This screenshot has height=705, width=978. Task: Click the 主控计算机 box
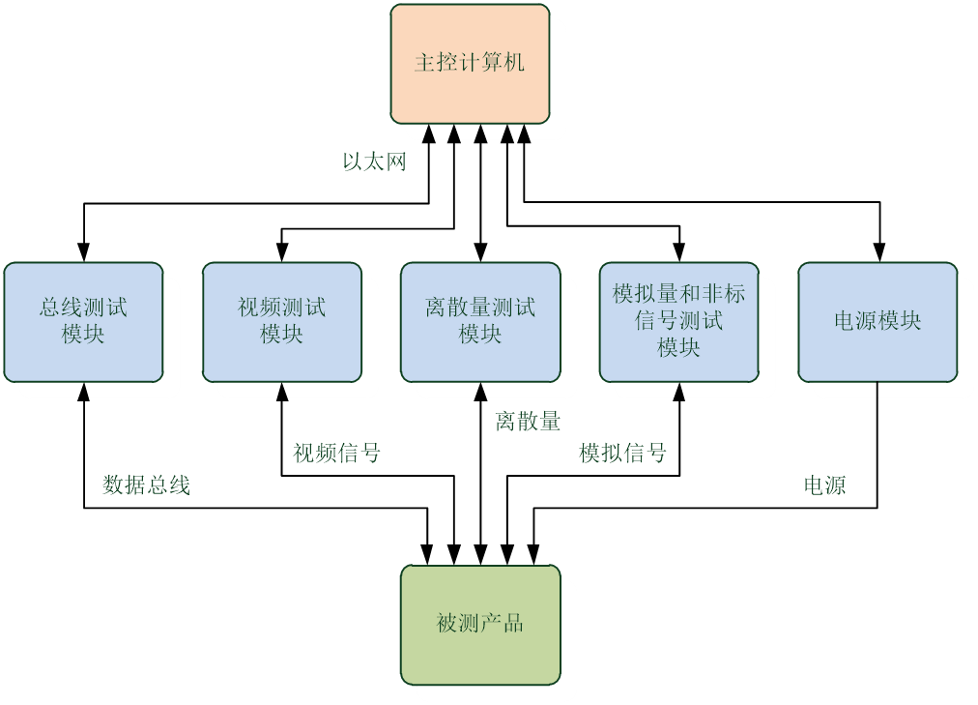(470, 64)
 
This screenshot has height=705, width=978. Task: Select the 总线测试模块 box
(83, 321)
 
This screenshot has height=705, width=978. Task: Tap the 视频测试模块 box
(281, 321)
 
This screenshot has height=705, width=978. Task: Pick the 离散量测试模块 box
(480, 321)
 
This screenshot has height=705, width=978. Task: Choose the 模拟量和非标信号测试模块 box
(678, 321)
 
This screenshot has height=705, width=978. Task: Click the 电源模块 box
(877, 321)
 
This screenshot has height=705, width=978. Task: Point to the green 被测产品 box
(480, 624)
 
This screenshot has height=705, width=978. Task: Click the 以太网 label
(374, 162)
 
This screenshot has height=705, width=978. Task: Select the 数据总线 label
(146, 485)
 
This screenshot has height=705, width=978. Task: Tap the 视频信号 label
(336, 453)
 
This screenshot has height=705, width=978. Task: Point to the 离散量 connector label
(528, 422)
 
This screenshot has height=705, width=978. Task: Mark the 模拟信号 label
(622, 453)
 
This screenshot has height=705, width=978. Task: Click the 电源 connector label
(825, 485)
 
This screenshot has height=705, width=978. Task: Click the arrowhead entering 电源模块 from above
(878, 253)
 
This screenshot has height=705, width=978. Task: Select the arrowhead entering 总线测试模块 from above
(84, 253)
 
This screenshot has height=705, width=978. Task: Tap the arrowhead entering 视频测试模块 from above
(281, 253)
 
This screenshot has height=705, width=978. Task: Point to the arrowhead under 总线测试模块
(84, 391)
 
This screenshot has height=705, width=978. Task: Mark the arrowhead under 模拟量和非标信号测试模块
(679, 391)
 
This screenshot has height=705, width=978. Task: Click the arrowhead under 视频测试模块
(281, 391)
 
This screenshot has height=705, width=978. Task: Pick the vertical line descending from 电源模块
(877, 445)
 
